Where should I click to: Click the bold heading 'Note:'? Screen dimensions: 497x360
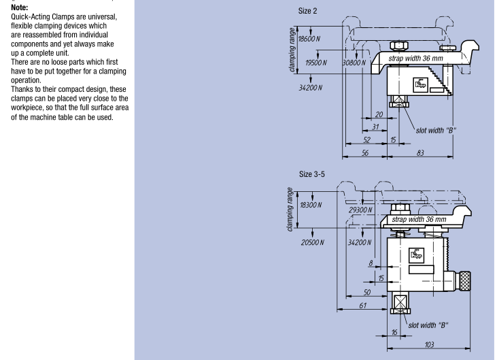point(19,7)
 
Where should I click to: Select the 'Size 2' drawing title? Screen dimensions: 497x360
point(307,11)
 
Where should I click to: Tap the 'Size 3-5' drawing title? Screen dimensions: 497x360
point(312,174)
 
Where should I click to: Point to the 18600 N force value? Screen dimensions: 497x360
point(309,39)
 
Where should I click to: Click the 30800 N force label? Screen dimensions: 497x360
point(354,63)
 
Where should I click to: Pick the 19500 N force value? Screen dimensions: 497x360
point(316,63)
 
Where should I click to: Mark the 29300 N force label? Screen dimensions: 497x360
point(360,210)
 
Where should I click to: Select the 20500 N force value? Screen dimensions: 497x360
point(313,243)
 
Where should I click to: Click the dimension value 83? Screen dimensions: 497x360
point(420,153)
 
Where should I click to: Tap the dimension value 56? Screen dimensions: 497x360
point(365,153)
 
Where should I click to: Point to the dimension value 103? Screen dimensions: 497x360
point(429,344)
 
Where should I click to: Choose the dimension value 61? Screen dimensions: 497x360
point(363,306)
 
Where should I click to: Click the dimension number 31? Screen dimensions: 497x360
point(375,127)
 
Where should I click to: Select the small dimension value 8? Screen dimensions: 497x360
point(371,263)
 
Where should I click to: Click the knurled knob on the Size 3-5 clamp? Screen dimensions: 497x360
point(464,280)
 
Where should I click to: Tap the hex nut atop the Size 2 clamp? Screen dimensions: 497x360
point(399,46)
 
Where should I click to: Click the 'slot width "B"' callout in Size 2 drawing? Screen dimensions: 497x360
point(436,131)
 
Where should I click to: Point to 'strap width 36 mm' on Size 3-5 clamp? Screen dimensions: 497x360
point(419,219)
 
